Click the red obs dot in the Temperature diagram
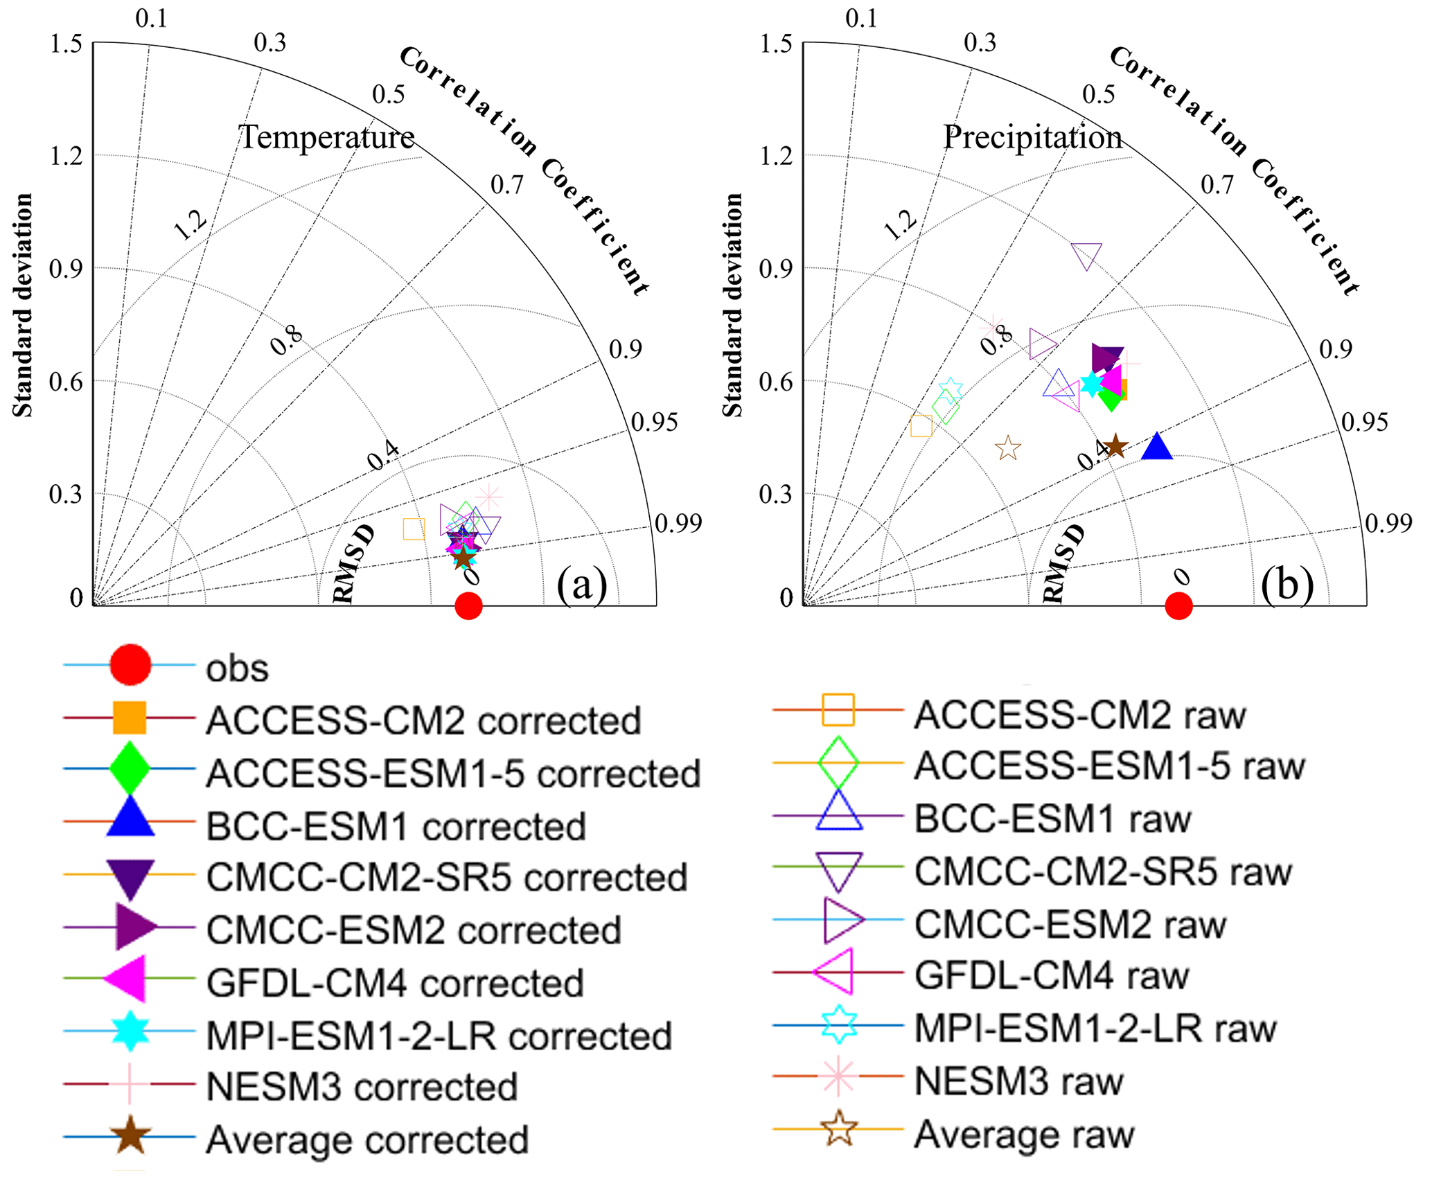469,606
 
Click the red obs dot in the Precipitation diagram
1178,606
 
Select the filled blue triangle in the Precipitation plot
1156,447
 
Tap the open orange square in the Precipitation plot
921,426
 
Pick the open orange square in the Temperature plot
414,529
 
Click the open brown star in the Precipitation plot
1008,448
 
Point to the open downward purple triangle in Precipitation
1086,256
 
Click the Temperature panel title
326,136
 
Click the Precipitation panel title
1032,136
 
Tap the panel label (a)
582,584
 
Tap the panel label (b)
1287,584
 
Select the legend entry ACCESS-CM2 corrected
423,720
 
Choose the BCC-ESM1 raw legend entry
1052,819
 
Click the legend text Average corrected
367,1140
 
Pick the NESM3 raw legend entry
1018,1081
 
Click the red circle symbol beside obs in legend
130,665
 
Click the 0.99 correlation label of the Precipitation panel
1388,523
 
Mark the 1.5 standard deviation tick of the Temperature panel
66,44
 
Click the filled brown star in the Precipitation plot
1115,446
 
